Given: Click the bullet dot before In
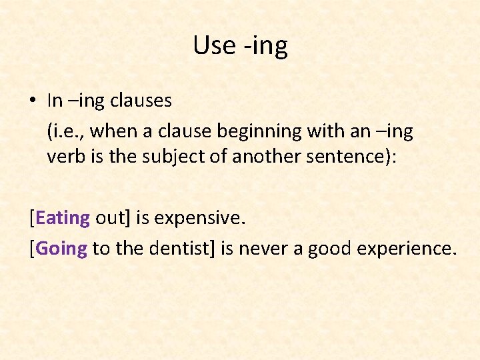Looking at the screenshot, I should tap(32, 101).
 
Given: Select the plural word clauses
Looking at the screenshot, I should tap(141, 101).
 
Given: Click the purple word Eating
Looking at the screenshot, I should tap(63, 218).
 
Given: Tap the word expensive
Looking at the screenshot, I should tap(201, 218).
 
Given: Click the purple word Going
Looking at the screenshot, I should tap(61, 249).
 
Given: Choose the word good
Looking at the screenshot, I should tap(329, 249).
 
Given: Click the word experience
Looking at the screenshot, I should tap(407, 249).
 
